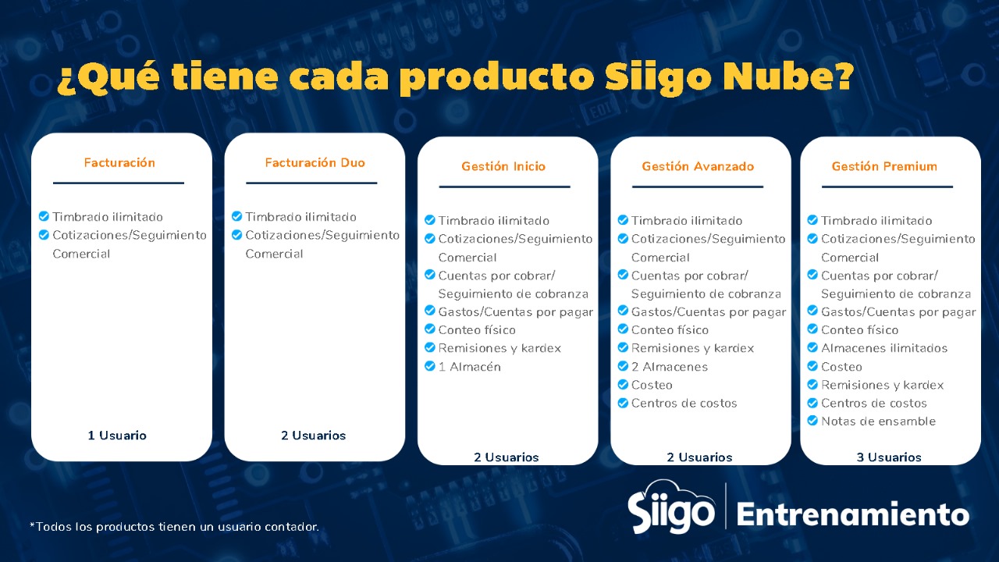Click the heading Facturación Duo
pos(315,162)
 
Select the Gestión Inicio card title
pos(503,166)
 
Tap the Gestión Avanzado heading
pos(698,166)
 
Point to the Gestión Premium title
pos(884,166)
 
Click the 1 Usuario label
pos(117,436)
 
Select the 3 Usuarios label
pos(889,457)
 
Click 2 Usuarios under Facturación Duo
pos(313,436)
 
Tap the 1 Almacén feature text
pos(469,367)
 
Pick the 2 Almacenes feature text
pos(669,367)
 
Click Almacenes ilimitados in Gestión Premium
pos(884,348)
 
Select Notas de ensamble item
pos(878,421)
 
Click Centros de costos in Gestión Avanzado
pos(684,404)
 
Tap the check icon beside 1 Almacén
pos(429,366)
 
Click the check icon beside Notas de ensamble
pos(812,421)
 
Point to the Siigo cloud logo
pos(671,507)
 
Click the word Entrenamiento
pos(853,514)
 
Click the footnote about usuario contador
pos(174,527)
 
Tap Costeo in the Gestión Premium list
pos(841,367)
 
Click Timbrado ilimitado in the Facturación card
pos(108,217)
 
